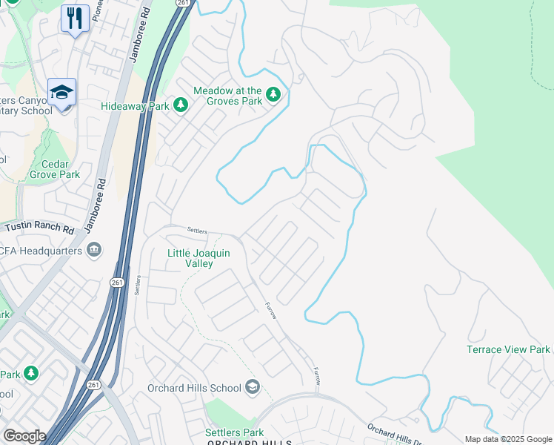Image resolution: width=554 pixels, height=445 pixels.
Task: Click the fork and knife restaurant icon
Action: tap(75, 18)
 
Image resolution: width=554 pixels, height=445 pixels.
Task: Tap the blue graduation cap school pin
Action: tap(62, 92)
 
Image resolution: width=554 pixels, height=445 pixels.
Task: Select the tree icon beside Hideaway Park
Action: tap(180, 106)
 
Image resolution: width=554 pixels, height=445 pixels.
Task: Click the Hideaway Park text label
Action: tap(136, 107)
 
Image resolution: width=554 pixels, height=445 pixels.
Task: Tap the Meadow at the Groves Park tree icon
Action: tap(273, 94)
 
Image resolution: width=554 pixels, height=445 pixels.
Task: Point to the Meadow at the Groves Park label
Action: tap(228, 96)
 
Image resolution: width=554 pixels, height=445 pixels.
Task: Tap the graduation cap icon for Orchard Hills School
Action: tap(253, 386)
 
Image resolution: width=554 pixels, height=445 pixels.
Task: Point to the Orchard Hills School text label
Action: tap(194, 388)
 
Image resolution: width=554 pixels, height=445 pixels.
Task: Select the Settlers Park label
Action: tap(235, 432)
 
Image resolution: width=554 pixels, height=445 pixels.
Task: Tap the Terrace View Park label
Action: tap(508, 349)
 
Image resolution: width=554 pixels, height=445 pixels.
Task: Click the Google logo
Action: tap(24, 435)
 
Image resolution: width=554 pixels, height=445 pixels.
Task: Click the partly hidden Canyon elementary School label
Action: tap(26, 105)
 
